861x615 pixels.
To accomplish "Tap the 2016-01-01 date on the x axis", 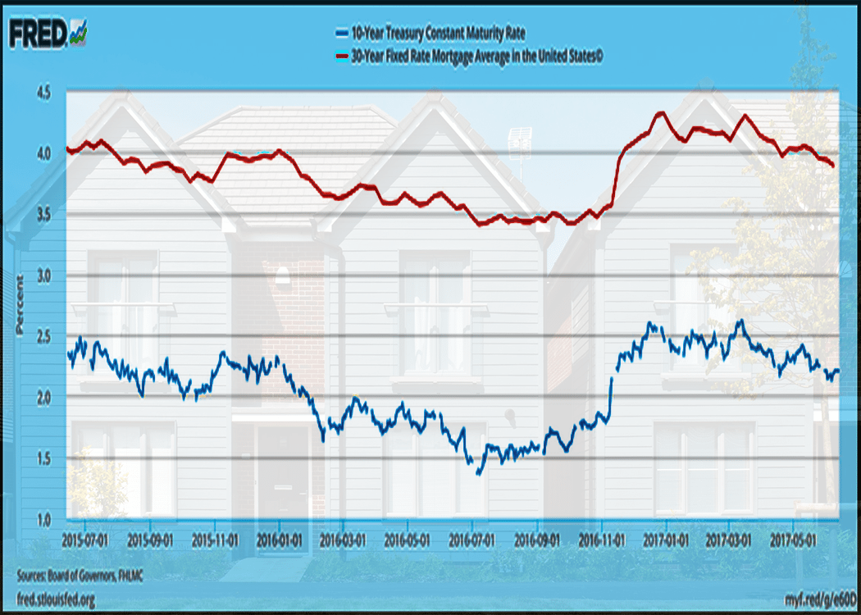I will [280, 541].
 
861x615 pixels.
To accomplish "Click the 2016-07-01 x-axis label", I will [472, 541].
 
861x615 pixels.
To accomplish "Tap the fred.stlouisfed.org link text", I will [55, 600].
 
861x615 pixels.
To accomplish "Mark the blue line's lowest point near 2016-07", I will [478, 473].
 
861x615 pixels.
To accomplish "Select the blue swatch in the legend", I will [341, 34].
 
